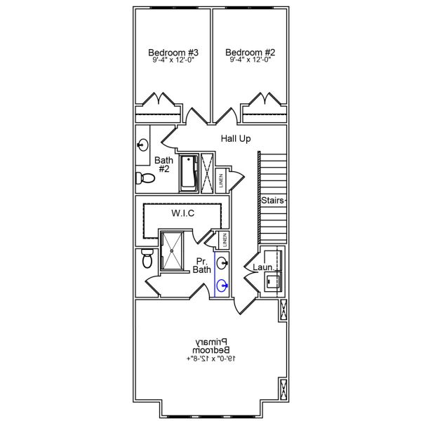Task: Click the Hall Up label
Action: (x=236, y=139)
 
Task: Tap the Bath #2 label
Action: (x=163, y=164)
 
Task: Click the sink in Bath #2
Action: (x=143, y=145)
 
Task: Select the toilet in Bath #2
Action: (x=141, y=177)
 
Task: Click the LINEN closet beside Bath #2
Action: (x=220, y=180)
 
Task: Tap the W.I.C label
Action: (x=182, y=213)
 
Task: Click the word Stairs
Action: (x=273, y=201)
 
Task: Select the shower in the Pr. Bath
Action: (x=173, y=250)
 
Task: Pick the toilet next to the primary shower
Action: (x=146, y=258)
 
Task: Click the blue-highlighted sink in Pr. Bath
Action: (x=222, y=285)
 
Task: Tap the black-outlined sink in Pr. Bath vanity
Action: (x=222, y=263)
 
